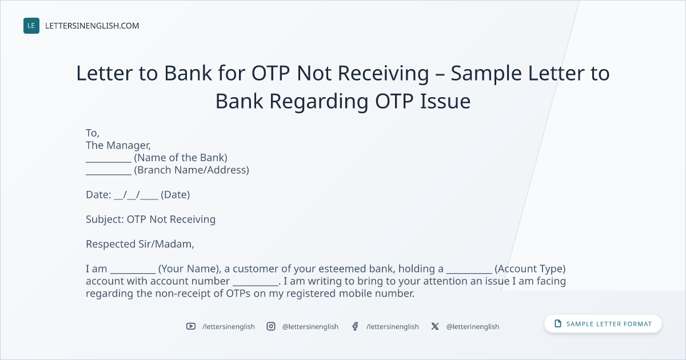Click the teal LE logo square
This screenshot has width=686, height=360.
tap(31, 26)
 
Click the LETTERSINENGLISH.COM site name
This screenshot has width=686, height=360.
tap(92, 26)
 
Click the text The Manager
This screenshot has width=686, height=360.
tap(118, 145)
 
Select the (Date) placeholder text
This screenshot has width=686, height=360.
tap(175, 195)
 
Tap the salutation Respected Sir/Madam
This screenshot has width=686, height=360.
tap(140, 244)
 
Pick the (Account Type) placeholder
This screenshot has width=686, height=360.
tap(530, 269)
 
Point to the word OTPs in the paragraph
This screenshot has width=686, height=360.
tap(238, 293)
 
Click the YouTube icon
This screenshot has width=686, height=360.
tap(191, 326)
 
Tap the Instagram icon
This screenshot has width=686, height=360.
tap(271, 326)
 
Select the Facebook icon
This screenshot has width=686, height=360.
tap(355, 326)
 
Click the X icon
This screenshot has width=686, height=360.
tap(435, 326)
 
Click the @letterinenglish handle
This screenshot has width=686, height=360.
tap(473, 327)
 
